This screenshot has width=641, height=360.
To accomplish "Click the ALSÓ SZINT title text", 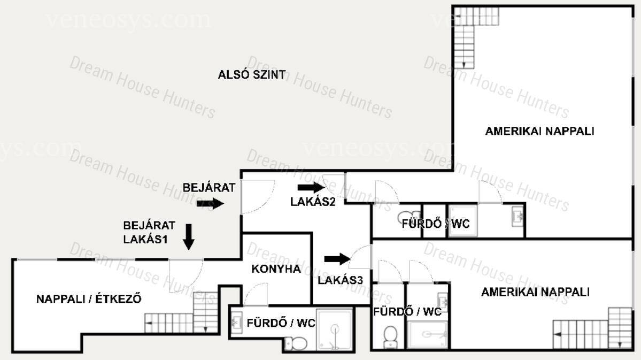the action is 251,75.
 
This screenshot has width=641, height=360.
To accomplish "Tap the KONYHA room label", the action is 276,269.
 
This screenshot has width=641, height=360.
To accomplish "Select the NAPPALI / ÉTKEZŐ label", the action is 89,298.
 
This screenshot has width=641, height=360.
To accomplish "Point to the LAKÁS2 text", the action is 313,202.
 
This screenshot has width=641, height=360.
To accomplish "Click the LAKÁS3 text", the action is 340,280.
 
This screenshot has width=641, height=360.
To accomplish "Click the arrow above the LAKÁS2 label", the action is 311,188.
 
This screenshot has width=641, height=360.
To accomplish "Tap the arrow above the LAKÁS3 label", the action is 337,259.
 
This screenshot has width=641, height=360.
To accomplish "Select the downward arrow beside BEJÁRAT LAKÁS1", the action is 189,236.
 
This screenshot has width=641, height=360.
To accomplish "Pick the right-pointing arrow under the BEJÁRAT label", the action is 210,203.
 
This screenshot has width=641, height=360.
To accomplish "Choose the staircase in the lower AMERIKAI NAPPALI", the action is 593,327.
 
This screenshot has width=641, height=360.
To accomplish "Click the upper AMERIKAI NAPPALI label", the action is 539,131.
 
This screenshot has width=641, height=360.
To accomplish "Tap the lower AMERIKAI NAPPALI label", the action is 535,292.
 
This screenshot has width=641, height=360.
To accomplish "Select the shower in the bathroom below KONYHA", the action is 334,330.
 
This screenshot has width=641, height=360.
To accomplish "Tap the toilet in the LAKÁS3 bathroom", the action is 390,336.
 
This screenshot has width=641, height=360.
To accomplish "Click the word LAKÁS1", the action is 145,239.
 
